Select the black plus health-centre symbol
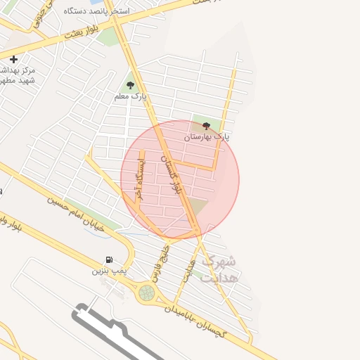[13, 59]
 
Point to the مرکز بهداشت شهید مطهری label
[18, 75]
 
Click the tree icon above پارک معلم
[130, 85]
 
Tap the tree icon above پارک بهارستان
[206, 126]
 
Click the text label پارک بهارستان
[207, 137]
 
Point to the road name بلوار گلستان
[172, 174]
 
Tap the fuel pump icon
[109, 259]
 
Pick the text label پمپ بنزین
[108, 270]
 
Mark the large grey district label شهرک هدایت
[219, 269]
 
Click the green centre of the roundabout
[146, 292]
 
